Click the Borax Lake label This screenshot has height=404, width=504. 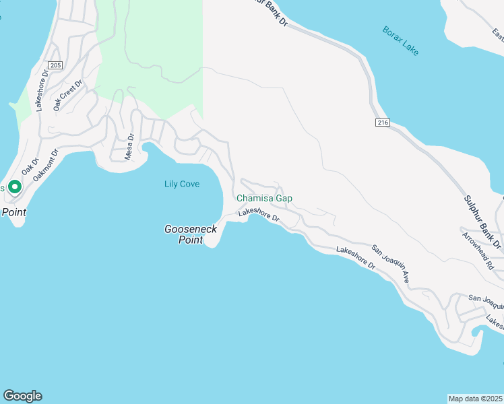pos(400,40)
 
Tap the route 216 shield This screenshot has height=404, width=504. pos(382,123)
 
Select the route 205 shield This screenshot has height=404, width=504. pos(55,65)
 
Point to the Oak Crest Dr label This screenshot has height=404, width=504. pos(67,95)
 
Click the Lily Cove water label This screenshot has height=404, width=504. pos(182,184)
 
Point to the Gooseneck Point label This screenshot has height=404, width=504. pos(191,234)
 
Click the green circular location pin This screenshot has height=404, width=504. pos(15,187)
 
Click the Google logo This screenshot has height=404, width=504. pos(22,396)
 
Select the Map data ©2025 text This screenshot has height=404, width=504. pos(475,399)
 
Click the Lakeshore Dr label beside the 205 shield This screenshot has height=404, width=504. pos(44,94)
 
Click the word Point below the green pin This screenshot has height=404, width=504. pos(13,212)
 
